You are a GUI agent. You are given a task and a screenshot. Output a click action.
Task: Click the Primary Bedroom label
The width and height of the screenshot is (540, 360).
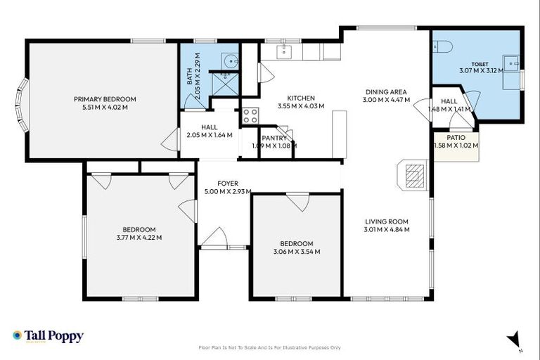(x=105, y=99)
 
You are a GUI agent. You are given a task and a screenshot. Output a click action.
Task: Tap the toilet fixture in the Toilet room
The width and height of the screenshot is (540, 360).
(x=442, y=46)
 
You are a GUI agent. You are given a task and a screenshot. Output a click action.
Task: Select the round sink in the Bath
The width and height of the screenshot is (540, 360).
(x=230, y=61)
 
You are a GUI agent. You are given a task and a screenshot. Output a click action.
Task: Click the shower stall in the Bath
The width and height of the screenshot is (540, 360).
(x=224, y=84)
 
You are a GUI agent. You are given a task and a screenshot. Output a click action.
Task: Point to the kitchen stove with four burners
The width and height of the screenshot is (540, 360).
(x=250, y=115)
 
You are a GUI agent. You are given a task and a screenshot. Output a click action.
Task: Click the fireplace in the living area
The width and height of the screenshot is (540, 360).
(x=413, y=175)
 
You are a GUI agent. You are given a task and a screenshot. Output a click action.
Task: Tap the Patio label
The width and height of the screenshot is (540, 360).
(x=456, y=138)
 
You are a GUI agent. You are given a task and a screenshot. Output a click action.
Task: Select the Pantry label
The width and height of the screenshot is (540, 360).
(x=274, y=138)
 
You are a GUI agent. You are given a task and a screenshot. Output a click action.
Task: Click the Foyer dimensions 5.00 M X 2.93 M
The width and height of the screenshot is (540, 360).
(x=228, y=191)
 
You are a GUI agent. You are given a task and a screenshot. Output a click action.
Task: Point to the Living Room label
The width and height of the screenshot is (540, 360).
(x=387, y=222)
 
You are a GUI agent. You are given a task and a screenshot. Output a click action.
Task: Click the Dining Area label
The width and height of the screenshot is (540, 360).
(x=386, y=92)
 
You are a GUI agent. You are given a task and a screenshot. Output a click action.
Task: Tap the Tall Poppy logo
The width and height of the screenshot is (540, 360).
(x=49, y=336)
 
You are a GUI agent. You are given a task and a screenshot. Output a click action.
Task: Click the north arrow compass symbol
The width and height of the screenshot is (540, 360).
(x=514, y=340)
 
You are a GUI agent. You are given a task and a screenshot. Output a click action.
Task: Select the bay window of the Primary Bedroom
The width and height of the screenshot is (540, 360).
(x=21, y=105)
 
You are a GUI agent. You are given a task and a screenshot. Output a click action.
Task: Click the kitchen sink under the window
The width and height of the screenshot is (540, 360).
(x=284, y=51)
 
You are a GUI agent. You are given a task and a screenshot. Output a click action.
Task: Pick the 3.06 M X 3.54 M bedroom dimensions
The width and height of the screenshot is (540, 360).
(x=297, y=252)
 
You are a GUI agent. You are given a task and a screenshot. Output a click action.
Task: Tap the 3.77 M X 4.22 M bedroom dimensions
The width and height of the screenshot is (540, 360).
(x=139, y=238)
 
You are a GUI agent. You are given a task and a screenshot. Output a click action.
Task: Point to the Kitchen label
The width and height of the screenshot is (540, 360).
(x=301, y=98)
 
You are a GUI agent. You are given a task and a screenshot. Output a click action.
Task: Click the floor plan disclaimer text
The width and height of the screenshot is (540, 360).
(x=270, y=347)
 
